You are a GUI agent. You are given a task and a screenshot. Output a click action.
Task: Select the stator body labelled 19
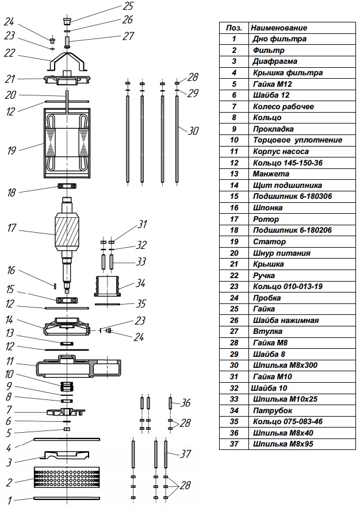tap(67, 141)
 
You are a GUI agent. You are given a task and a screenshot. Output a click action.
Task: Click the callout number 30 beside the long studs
tap(193, 130)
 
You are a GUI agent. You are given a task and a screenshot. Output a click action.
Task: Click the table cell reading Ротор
tap(266, 219)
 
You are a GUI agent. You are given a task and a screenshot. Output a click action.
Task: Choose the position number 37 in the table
tap(234, 444)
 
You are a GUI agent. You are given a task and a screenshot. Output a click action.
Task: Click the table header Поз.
tap(234, 28)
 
